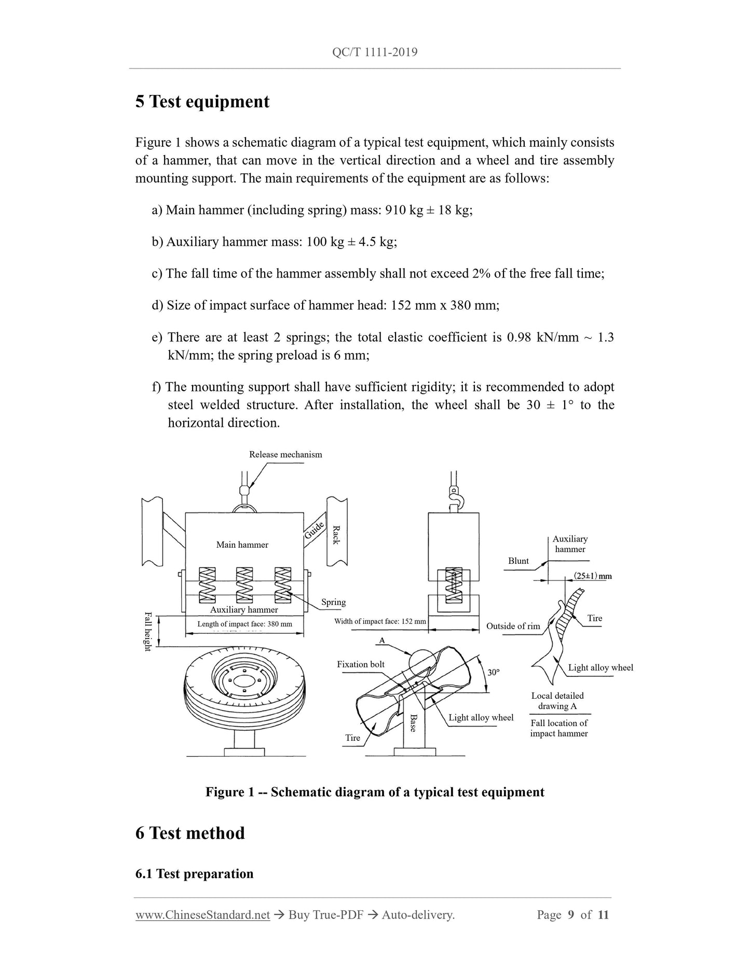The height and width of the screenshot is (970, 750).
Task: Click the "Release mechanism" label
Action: (x=285, y=454)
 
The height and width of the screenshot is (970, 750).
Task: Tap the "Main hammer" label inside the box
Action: (x=242, y=545)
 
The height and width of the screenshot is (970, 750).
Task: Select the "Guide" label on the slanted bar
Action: (x=315, y=530)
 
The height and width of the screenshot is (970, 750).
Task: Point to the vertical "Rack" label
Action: (x=336, y=535)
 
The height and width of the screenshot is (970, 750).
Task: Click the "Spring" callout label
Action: (x=333, y=602)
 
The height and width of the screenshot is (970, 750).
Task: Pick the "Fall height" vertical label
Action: (x=147, y=631)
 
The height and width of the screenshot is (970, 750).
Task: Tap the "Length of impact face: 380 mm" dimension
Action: (x=244, y=624)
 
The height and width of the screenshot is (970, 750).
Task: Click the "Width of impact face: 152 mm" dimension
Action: (x=380, y=621)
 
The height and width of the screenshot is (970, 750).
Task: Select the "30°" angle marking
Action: (x=494, y=672)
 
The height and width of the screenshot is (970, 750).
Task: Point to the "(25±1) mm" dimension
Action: (x=593, y=576)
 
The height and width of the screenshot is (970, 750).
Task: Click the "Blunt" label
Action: (x=519, y=561)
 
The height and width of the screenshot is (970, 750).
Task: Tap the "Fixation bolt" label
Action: (x=361, y=664)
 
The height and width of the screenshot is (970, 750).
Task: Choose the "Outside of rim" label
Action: (x=513, y=626)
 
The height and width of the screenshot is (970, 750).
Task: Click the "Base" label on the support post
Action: (x=413, y=723)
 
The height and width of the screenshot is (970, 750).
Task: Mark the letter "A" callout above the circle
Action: (x=382, y=641)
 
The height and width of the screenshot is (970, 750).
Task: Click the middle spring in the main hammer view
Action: (x=244, y=584)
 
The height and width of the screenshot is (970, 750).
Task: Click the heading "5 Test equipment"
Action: (x=202, y=101)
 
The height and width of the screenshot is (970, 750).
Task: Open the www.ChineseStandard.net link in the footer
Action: (x=202, y=915)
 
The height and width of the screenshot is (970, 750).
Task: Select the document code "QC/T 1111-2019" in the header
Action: (x=375, y=52)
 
